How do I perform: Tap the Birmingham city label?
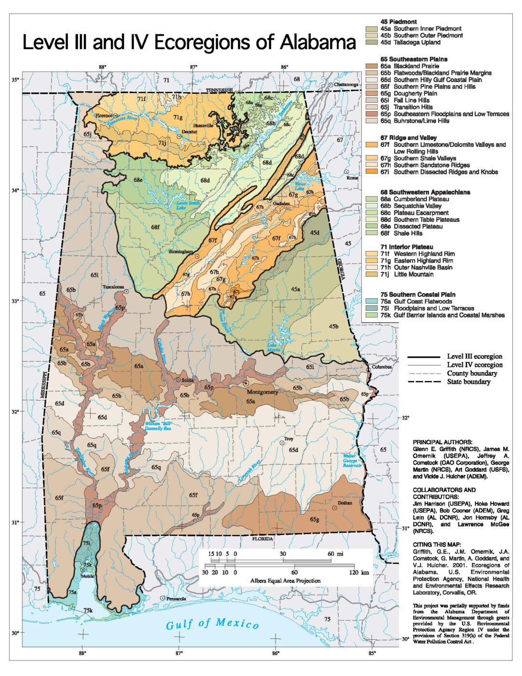(x=181, y=252)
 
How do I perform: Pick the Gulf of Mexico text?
(x=212, y=624)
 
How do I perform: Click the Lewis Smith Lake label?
(x=188, y=205)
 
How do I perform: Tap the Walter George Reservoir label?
(x=352, y=461)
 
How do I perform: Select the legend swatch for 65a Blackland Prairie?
(x=372, y=66)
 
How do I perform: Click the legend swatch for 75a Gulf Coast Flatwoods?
(x=372, y=301)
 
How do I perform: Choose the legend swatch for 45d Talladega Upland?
(x=372, y=42)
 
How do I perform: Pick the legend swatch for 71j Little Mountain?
(x=372, y=274)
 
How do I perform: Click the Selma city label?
(x=188, y=380)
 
